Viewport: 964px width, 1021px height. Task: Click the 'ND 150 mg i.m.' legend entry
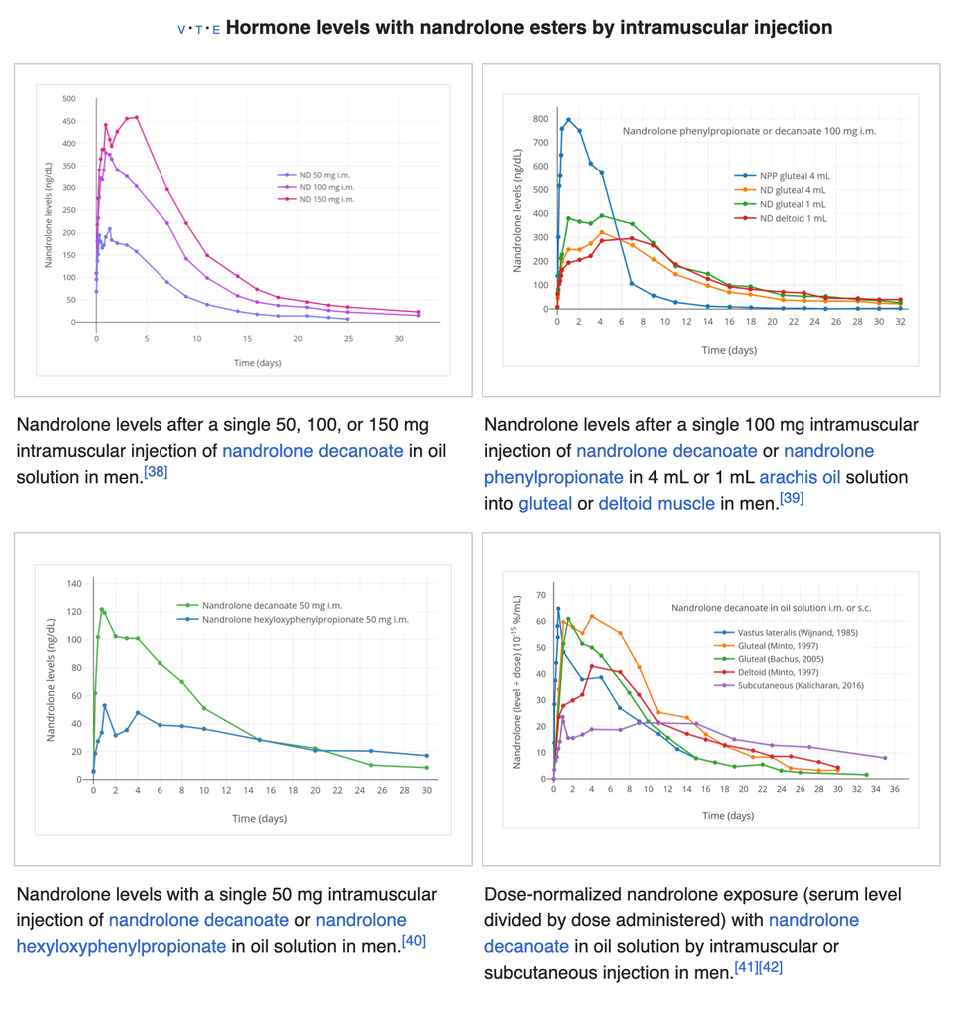pyautogui.click(x=327, y=199)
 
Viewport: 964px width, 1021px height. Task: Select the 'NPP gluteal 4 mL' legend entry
pyautogui.click(x=794, y=175)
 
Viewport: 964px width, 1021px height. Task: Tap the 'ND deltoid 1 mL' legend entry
pyautogui.click(x=793, y=218)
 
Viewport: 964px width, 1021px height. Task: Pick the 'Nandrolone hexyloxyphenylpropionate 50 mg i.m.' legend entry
pyautogui.click(x=305, y=619)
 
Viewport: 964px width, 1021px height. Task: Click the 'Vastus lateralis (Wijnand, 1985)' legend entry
pyautogui.click(x=797, y=632)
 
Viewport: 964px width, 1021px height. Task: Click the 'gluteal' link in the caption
pyautogui.click(x=545, y=503)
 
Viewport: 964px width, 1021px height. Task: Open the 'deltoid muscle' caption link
pyautogui.click(x=656, y=503)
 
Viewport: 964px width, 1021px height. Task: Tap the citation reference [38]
pyautogui.click(x=155, y=471)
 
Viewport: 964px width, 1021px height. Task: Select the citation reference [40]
pyautogui.click(x=413, y=940)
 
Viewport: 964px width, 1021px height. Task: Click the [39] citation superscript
pyautogui.click(x=792, y=497)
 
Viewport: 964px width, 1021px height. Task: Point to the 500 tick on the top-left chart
pyautogui.click(x=68, y=99)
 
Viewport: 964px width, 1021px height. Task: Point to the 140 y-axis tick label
pyautogui.click(x=73, y=583)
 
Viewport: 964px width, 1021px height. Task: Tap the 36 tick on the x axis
pyautogui.click(x=895, y=789)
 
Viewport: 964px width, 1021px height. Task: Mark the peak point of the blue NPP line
pyautogui.click(x=568, y=120)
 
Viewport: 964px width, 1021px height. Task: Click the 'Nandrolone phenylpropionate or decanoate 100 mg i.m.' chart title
pyautogui.click(x=750, y=131)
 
